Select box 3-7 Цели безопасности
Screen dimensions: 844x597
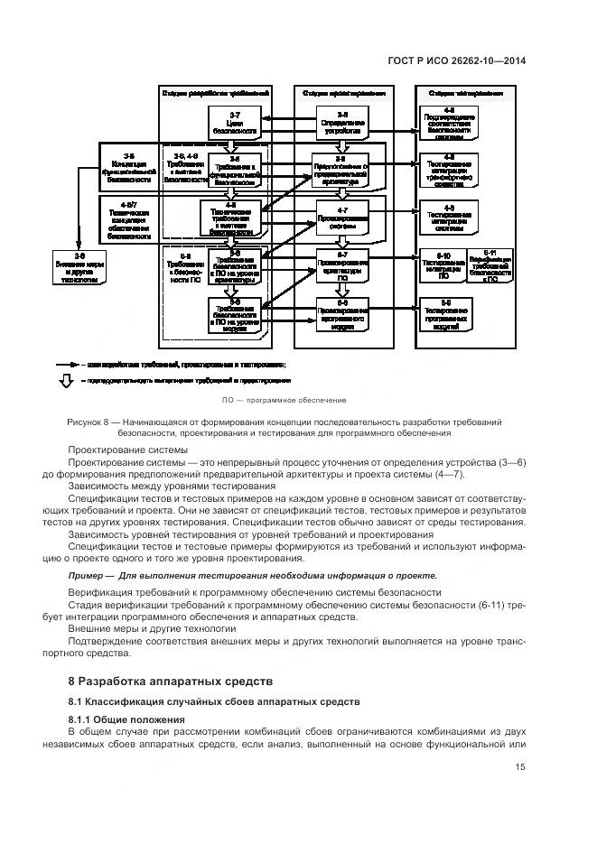pos(234,122)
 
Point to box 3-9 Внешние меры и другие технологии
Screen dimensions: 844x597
pos(79,268)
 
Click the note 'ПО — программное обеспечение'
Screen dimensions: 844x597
pos(284,400)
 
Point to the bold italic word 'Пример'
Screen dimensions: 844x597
pos(85,576)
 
